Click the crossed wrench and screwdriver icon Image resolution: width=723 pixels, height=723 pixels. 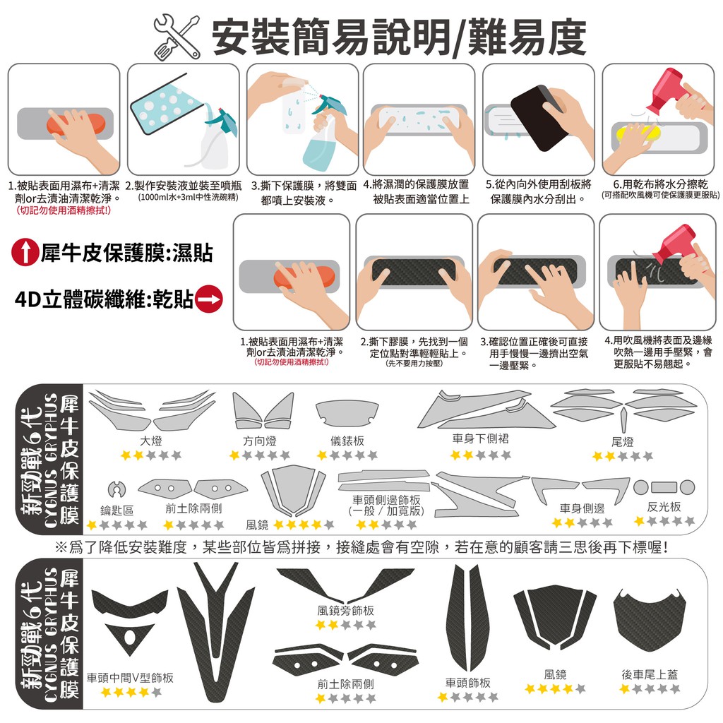[177, 37]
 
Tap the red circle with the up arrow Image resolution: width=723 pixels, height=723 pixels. [25, 252]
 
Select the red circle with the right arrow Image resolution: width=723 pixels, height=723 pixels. [209, 299]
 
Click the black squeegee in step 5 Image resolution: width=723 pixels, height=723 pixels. [538, 117]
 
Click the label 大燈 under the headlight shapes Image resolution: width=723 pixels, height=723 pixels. [151, 441]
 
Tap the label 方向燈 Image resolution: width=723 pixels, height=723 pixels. [260, 441]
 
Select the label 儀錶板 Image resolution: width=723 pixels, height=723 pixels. [347, 441]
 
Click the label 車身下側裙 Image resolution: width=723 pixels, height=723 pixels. [480, 438]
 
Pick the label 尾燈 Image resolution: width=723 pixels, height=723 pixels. [623, 442]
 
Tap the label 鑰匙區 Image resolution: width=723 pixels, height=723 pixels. [116, 510]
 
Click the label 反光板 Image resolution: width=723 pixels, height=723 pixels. [664, 507]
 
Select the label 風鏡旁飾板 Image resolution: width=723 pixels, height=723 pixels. [346, 611]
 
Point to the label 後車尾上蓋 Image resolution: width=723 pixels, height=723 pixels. [650, 674]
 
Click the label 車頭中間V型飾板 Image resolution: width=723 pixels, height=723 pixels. [130, 677]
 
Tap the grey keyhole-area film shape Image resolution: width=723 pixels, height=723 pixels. [116, 489]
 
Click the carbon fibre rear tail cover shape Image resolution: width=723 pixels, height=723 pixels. [650, 621]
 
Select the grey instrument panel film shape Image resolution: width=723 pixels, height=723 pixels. [347, 413]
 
